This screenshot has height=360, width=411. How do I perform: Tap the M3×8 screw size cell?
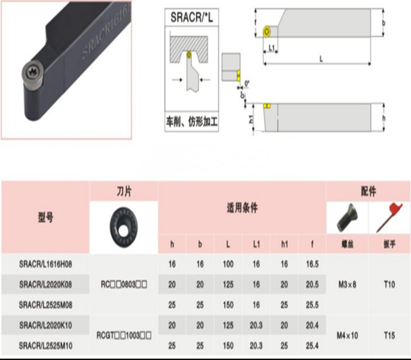tap(347, 284)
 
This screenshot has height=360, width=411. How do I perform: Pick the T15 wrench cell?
tap(389, 334)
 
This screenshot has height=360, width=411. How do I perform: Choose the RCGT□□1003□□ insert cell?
tap(124, 335)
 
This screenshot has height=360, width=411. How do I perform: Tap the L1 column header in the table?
tap(256, 243)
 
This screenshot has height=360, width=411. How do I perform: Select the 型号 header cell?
tap(45, 217)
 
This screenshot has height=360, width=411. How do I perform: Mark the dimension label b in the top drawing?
tap(383, 23)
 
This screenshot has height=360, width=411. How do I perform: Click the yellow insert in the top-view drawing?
tap(268, 31)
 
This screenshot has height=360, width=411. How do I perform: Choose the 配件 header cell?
tap(368, 192)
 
